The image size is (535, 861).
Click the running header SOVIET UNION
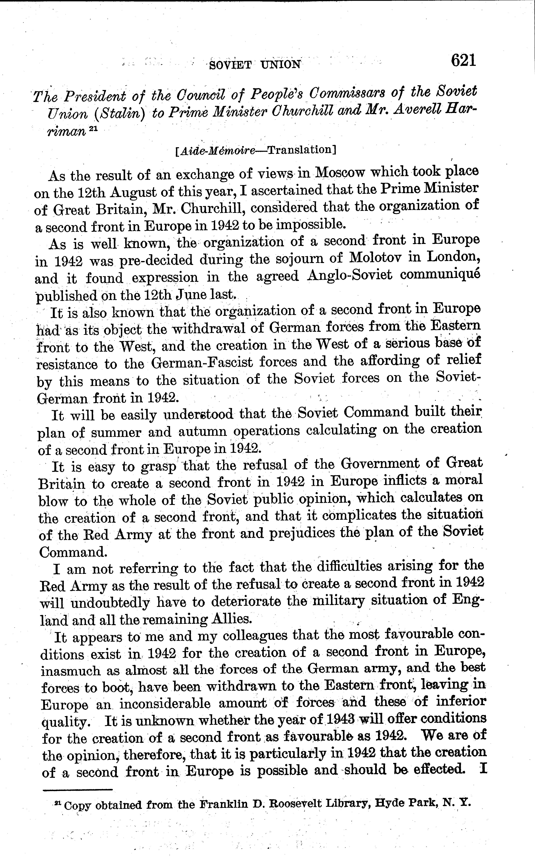pyautogui.click(x=255, y=65)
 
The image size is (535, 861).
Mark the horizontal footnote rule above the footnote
pyautogui.click(x=77, y=789)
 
